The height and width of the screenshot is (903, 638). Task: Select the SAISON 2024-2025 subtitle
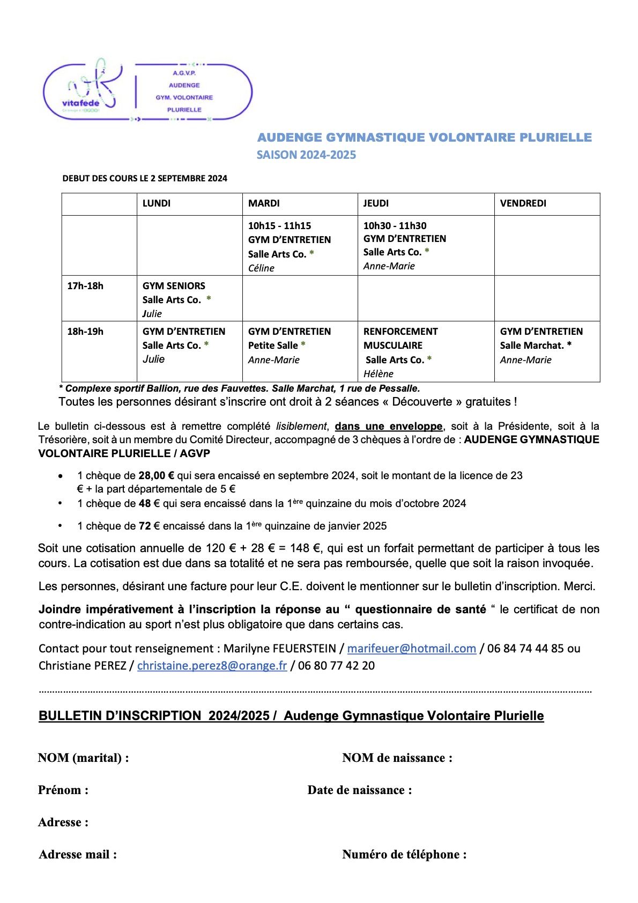(x=306, y=155)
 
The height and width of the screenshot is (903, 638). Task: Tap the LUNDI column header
(x=157, y=203)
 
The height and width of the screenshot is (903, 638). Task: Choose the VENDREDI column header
(x=523, y=203)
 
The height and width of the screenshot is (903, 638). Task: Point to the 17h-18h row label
(x=85, y=285)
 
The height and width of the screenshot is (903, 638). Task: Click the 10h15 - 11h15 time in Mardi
(x=279, y=226)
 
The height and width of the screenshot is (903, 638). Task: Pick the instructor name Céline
(x=261, y=268)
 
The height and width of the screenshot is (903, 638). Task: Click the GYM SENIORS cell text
(x=174, y=285)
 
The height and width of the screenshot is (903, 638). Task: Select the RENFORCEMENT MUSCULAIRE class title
(x=400, y=338)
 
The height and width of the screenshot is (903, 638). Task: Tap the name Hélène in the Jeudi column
(x=379, y=374)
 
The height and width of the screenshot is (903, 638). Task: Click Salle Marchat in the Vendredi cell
(x=532, y=346)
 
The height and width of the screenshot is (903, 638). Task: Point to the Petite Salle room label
(x=273, y=346)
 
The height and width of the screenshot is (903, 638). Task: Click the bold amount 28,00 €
(x=157, y=475)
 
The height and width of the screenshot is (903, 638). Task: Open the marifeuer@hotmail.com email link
(x=411, y=648)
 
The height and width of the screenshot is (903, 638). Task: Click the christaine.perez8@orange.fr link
(x=212, y=665)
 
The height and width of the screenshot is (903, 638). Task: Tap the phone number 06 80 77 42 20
(x=336, y=665)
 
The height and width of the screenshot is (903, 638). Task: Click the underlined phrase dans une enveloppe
(x=389, y=427)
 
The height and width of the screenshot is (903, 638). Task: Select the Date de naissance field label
(x=359, y=790)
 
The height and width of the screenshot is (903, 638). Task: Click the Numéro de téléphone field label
(x=404, y=854)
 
